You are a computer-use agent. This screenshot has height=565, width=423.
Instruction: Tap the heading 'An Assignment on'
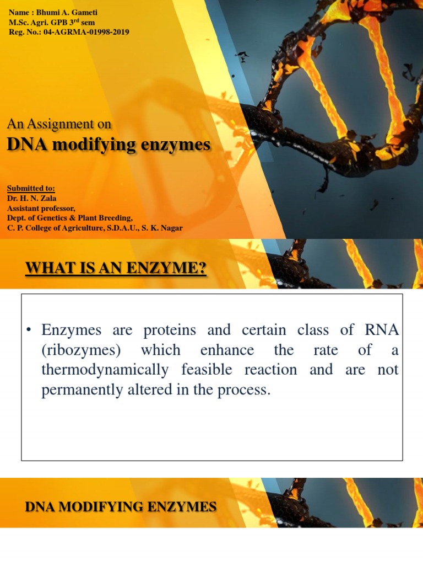click(59, 124)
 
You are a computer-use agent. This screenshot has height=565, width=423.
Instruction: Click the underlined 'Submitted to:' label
click(31, 189)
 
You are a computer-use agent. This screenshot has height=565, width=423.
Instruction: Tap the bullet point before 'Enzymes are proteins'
click(29, 331)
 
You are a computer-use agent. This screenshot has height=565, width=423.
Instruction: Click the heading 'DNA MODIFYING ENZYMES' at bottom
click(121, 507)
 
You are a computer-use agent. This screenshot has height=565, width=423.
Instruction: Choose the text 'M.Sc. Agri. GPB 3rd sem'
click(52, 23)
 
